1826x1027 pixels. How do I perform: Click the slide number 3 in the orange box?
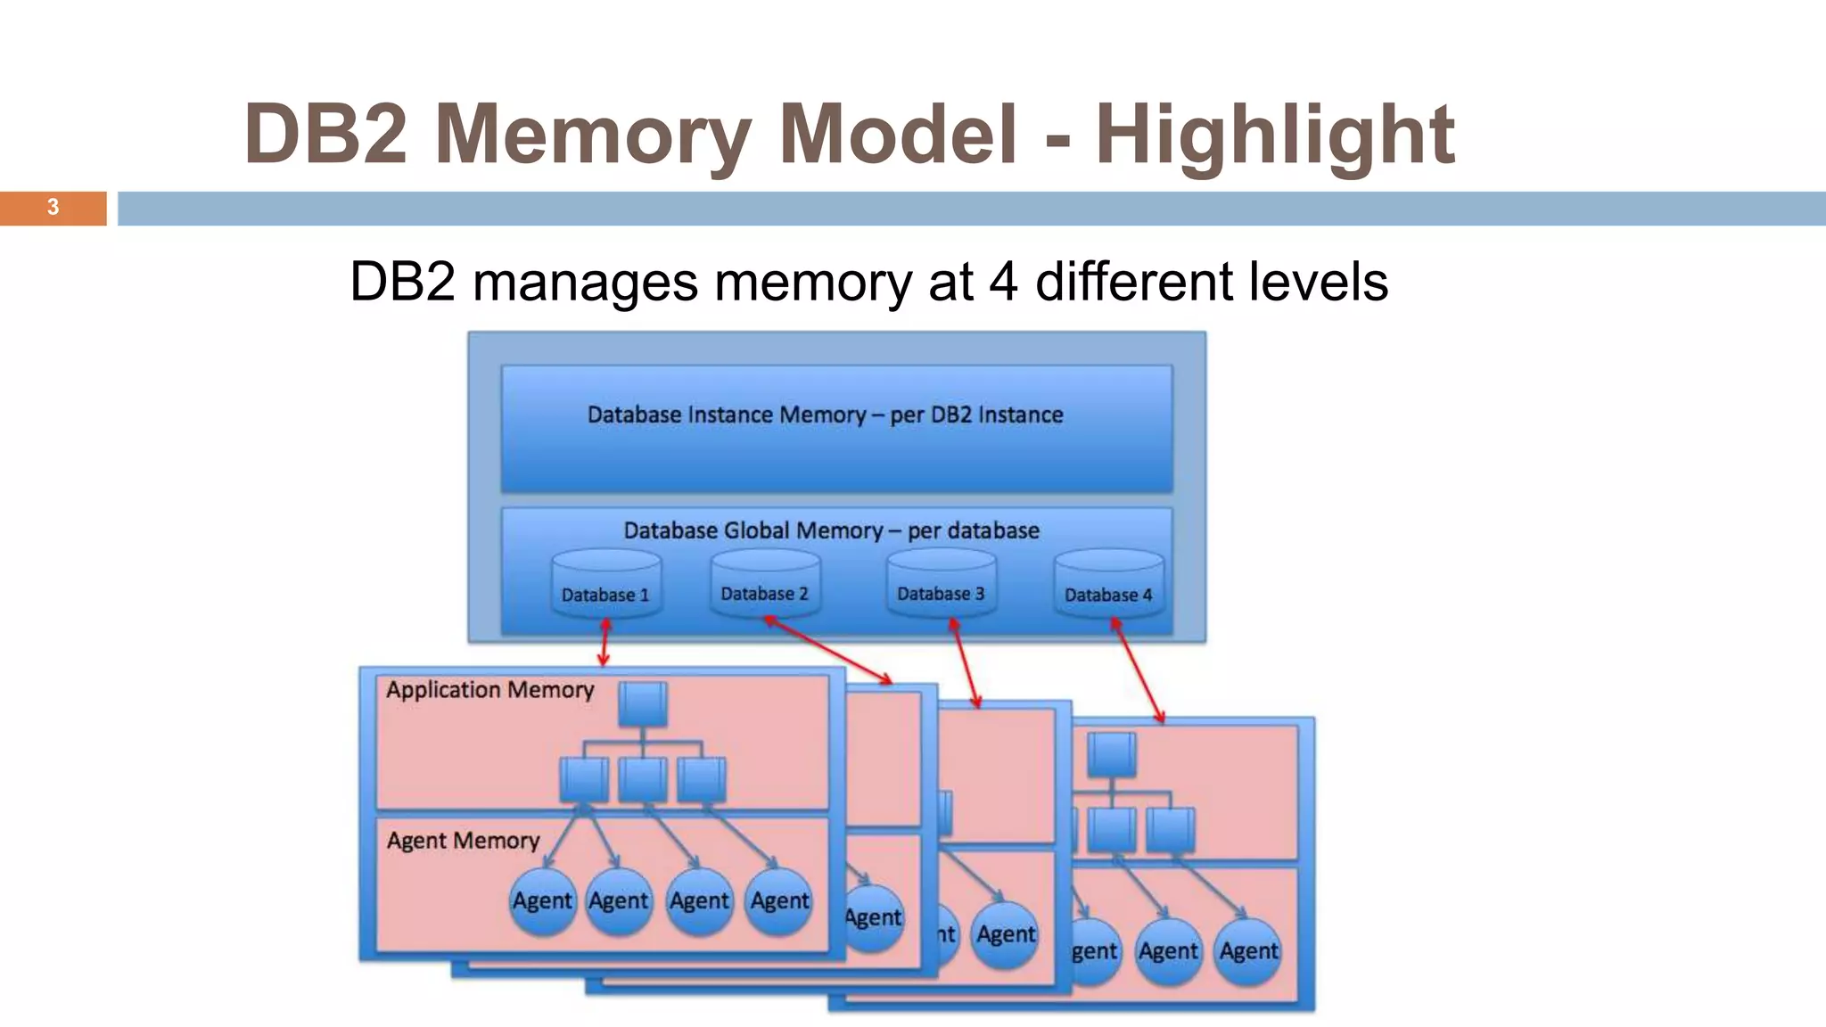tap(53, 207)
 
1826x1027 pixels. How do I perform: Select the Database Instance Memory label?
tap(825, 415)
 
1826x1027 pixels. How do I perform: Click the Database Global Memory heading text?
tap(831, 530)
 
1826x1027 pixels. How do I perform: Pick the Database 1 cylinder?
tap(605, 585)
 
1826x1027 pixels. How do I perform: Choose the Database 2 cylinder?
tap(765, 584)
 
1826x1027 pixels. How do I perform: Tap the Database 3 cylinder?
tap(941, 584)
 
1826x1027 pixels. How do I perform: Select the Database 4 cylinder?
tap(1108, 585)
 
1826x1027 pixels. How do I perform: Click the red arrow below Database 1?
tap(605, 643)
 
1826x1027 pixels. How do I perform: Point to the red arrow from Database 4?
tap(1138, 670)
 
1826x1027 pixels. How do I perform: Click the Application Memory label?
tap(489, 689)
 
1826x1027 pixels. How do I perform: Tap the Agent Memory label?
tap(463, 841)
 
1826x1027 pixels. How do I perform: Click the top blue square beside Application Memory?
tap(643, 704)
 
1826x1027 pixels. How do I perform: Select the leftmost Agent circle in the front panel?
tap(542, 901)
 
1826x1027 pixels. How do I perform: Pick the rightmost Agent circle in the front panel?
tap(779, 901)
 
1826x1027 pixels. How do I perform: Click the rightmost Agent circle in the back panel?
tap(1248, 952)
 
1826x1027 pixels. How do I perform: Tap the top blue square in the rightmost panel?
tap(1112, 754)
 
